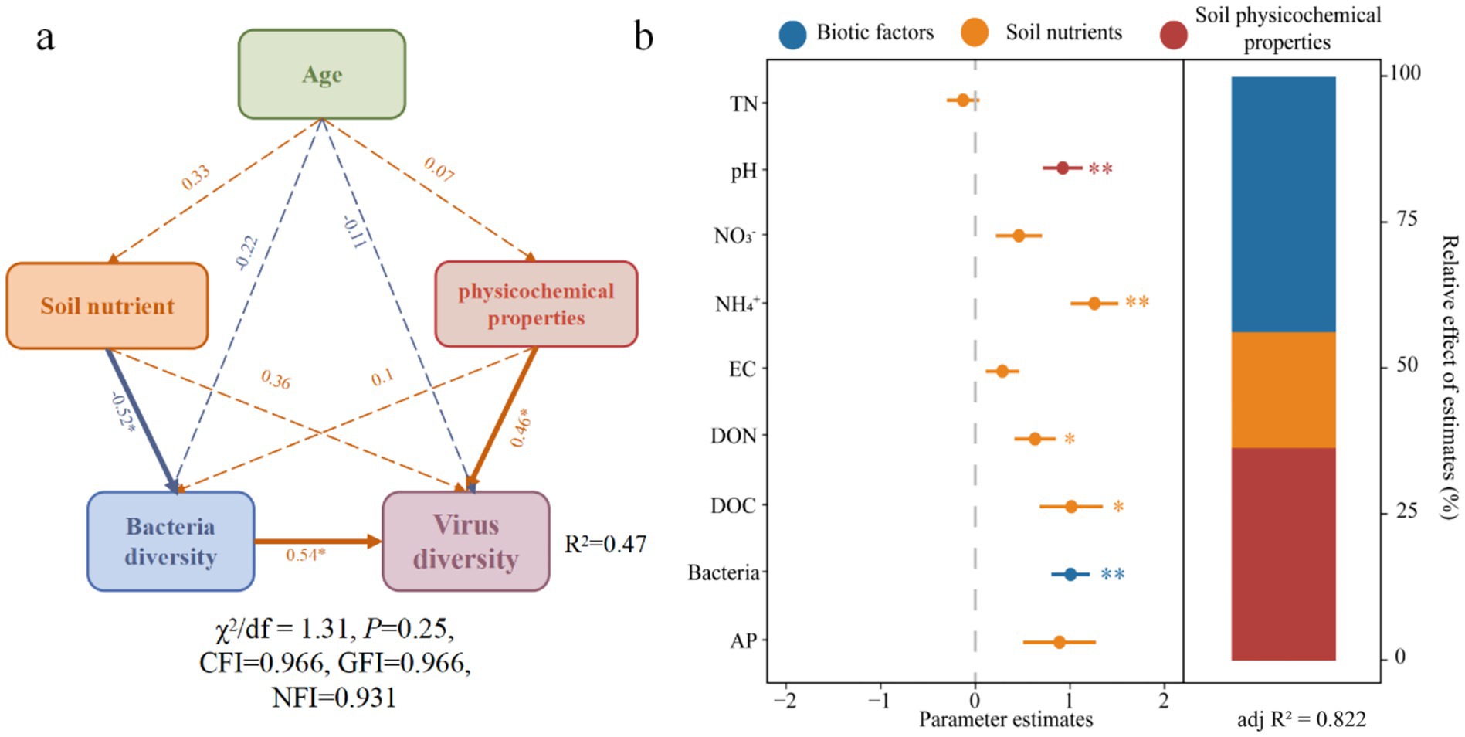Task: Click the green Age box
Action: click(321, 74)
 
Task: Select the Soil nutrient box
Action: click(107, 306)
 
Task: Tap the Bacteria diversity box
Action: click(171, 542)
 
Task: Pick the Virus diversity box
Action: click(466, 542)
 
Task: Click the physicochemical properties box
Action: click(536, 304)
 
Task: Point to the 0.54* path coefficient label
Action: click(305, 555)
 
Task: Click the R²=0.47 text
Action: click(605, 545)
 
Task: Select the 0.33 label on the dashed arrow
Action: click(195, 178)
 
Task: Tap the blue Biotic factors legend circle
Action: click(792, 33)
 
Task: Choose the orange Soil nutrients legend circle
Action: click(975, 33)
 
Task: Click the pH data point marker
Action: click(1063, 168)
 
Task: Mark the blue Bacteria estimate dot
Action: click(1070, 574)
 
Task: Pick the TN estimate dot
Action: click(963, 100)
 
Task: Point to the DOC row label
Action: click(733, 506)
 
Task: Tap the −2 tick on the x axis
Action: click(785, 701)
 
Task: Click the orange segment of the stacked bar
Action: click(1283, 389)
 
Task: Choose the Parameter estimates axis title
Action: click(1005, 720)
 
